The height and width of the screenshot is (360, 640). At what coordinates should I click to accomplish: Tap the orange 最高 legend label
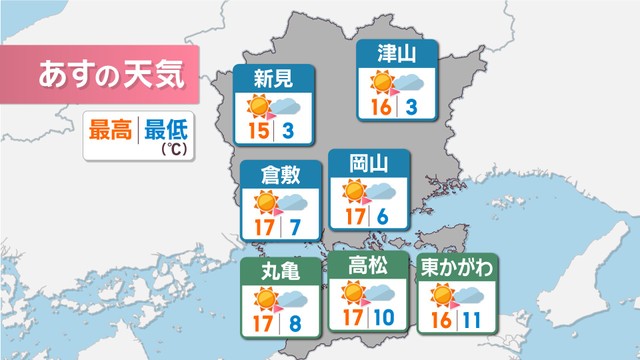(x=111, y=130)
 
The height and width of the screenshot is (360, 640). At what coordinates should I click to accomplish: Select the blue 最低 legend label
(x=166, y=130)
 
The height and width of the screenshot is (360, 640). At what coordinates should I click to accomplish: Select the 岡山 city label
(x=369, y=164)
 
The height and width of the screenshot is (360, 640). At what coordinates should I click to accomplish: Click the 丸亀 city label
(x=280, y=271)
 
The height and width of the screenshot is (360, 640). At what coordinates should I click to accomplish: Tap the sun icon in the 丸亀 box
(x=264, y=298)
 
